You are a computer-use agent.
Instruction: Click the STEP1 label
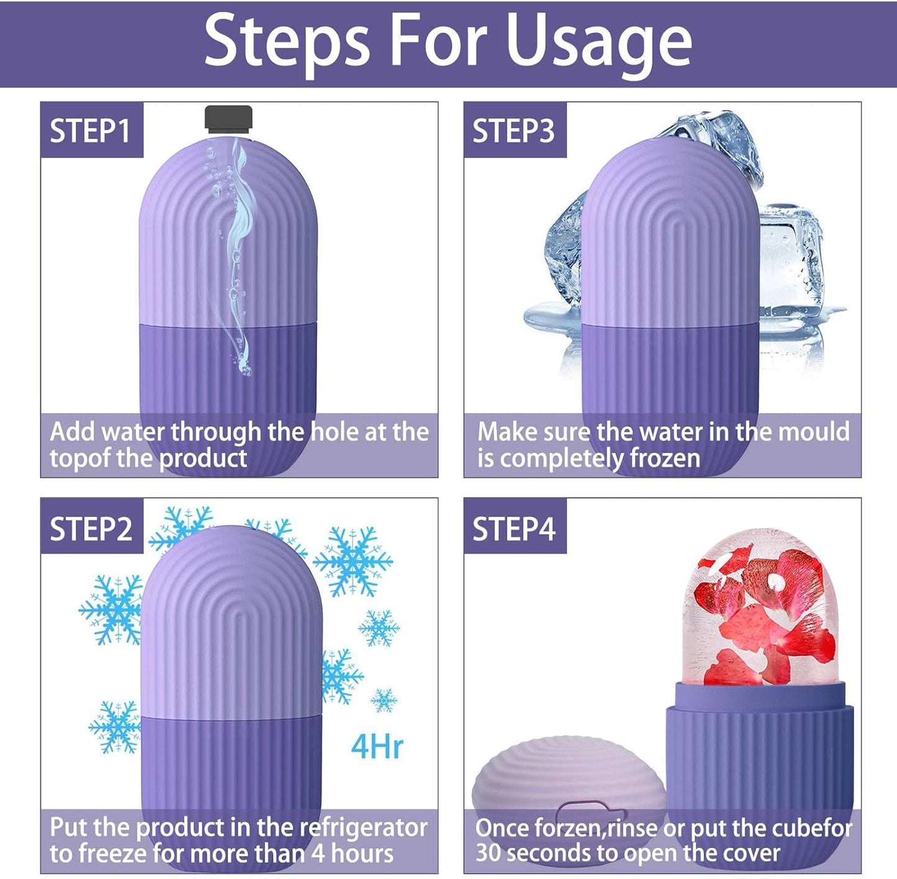(x=91, y=131)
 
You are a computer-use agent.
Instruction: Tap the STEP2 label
(x=91, y=529)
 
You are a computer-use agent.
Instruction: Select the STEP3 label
(x=513, y=131)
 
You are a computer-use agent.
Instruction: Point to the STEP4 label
(x=513, y=529)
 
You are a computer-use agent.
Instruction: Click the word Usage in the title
(x=599, y=42)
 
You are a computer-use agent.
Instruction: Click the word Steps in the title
(x=287, y=42)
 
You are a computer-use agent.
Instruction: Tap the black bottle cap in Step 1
(x=228, y=119)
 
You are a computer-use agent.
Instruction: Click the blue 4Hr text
(x=377, y=746)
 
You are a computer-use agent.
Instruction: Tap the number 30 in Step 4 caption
(x=488, y=852)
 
